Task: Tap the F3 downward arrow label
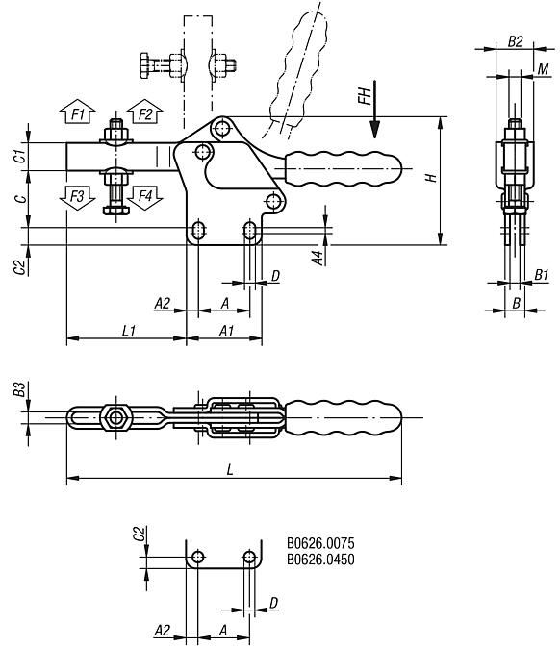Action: (x=79, y=196)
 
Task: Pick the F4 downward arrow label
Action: (x=145, y=196)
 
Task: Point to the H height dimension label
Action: (x=432, y=179)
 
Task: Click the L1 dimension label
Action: (x=128, y=330)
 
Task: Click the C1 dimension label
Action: (x=19, y=156)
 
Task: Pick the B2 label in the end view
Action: (x=515, y=42)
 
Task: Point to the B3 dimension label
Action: (x=19, y=390)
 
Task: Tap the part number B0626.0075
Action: (x=321, y=544)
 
